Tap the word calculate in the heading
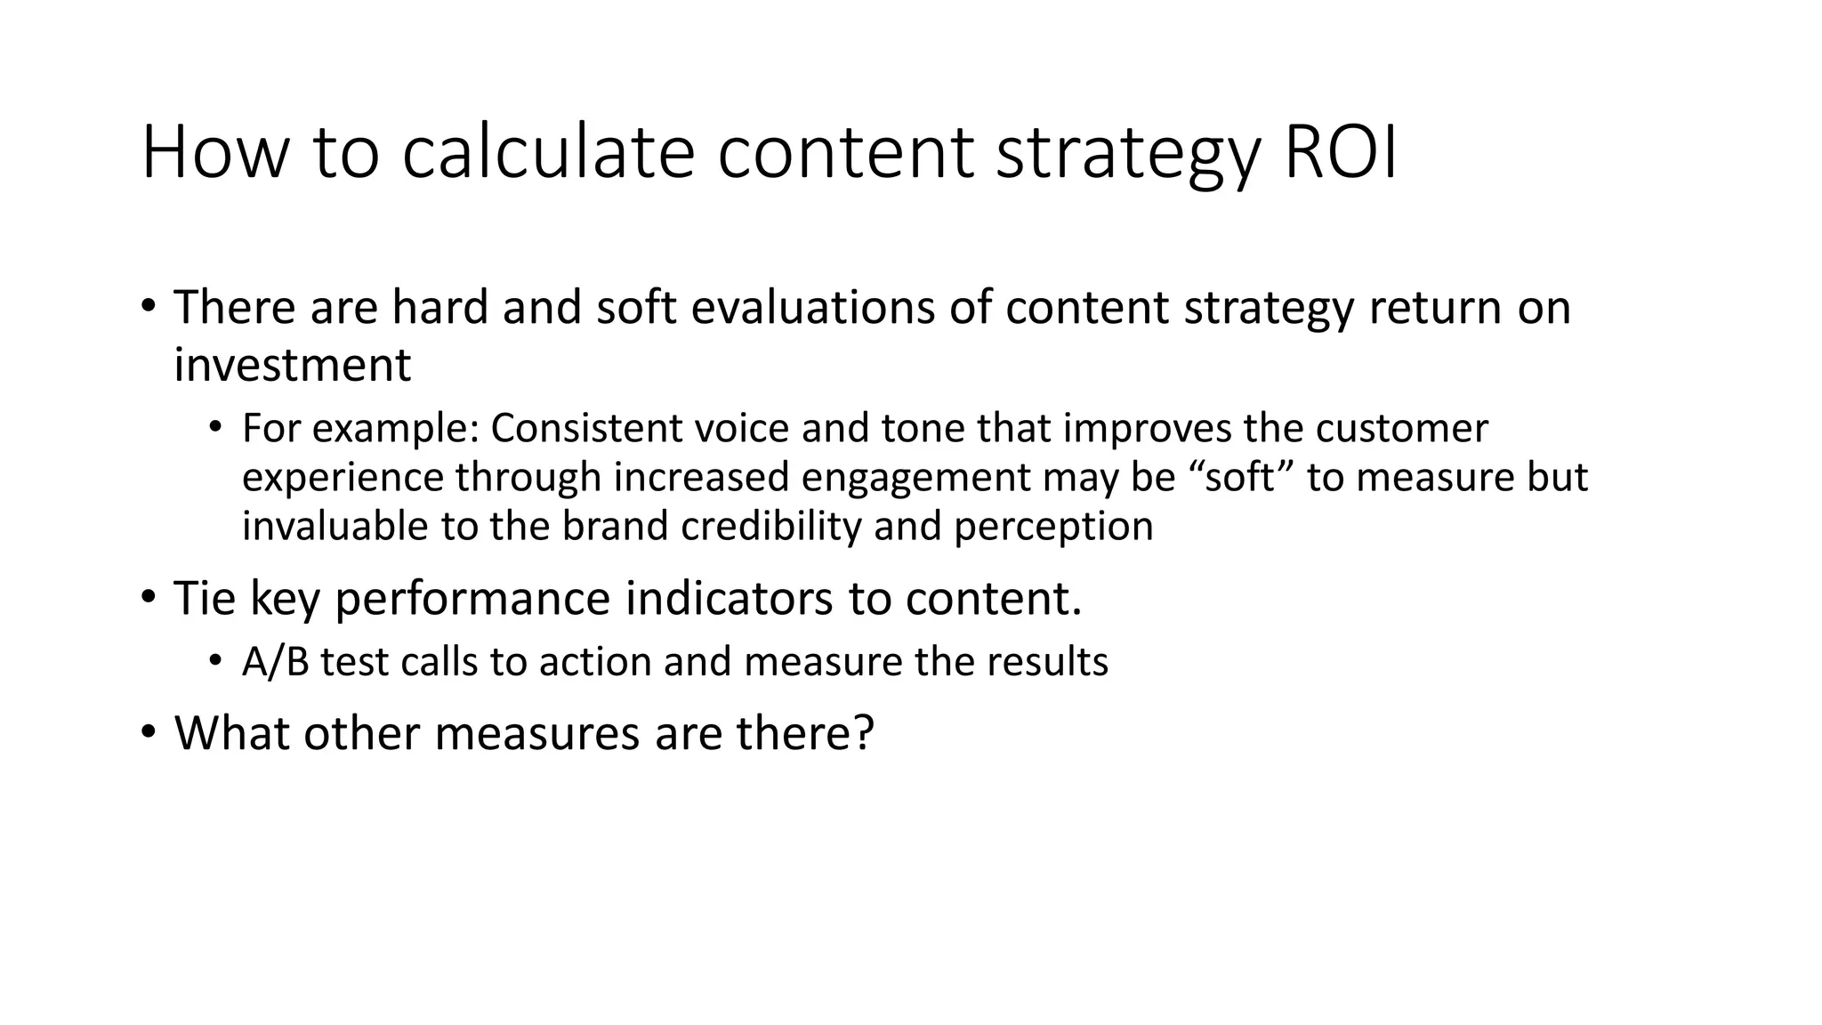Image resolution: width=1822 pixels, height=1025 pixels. point(547,154)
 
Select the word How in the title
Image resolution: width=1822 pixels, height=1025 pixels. point(215,154)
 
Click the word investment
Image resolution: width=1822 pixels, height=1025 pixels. point(292,365)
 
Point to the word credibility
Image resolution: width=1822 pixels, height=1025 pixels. point(770,526)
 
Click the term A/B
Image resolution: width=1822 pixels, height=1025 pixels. point(275,662)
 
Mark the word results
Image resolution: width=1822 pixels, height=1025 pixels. point(1047,662)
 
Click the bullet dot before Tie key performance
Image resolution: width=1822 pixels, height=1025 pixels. point(148,596)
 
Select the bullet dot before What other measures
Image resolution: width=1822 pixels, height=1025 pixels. point(148,732)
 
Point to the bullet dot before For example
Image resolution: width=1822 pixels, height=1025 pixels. point(214,428)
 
